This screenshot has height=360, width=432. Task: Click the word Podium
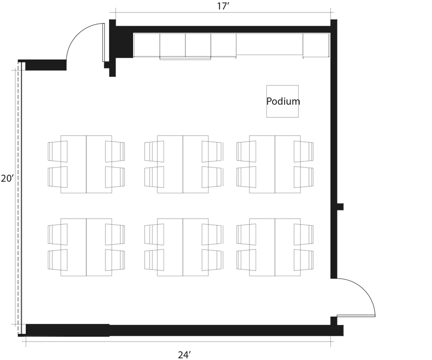(283, 101)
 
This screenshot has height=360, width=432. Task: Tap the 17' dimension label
(223, 6)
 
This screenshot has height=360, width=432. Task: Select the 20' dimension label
(7, 179)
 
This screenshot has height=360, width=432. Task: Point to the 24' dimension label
(184, 354)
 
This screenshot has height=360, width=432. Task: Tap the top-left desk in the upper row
(86, 164)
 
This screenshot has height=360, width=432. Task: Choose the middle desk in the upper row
(183, 164)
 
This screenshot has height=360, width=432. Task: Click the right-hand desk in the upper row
(275, 164)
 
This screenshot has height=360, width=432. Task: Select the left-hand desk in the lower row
(86, 247)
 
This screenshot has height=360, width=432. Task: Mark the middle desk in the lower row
(183, 247)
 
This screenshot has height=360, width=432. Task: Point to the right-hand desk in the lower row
(275, 247)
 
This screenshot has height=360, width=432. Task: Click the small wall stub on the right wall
(340, 207)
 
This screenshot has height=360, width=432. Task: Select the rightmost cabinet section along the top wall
(315, 45)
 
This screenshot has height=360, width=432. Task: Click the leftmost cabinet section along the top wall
(147, 45)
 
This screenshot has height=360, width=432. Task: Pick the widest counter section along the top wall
(269, 44)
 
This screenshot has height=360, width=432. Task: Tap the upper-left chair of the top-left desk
(58, 151)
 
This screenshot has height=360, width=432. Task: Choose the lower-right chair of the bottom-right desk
(303, 260)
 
